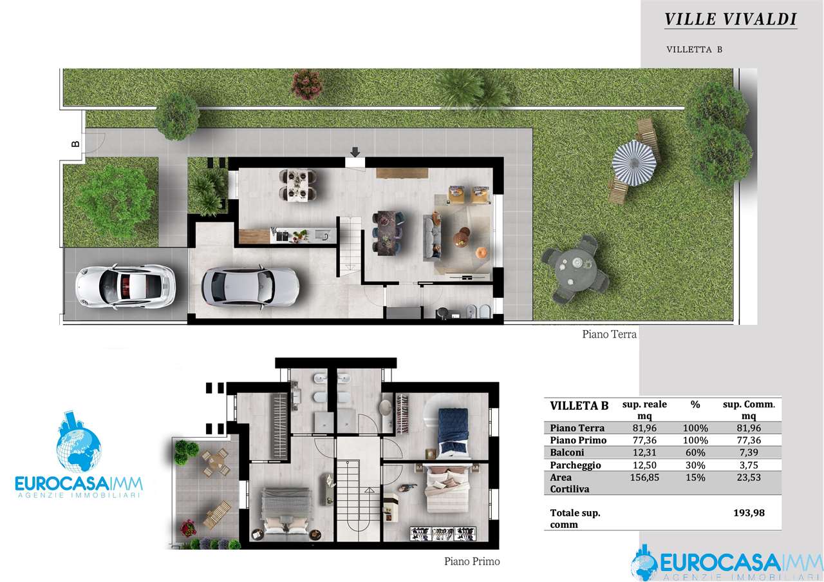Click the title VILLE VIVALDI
click(x=731, y=19)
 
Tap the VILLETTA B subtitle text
click(x=694, y=50)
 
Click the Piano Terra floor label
click(x=609, y=334)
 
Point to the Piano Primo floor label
click(x=472, y=561)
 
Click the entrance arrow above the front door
click(x=355, y=151)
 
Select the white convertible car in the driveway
click(x=126, y=286)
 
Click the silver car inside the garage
click(x=250, y=287)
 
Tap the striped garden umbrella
click(x=634, y=162)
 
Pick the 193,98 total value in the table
click(x=749, y=512)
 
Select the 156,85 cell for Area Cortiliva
click(x=644, y=478)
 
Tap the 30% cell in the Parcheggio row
click(x=695, y=465)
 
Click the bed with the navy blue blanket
click(x=453, y=431)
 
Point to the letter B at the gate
click(x=75, y=144)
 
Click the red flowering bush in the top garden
click(x=306, y=85)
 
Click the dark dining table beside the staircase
click(x=386, y=233)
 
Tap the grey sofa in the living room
click(x=431, y=238)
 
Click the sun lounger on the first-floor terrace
click(x=217, y=514)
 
